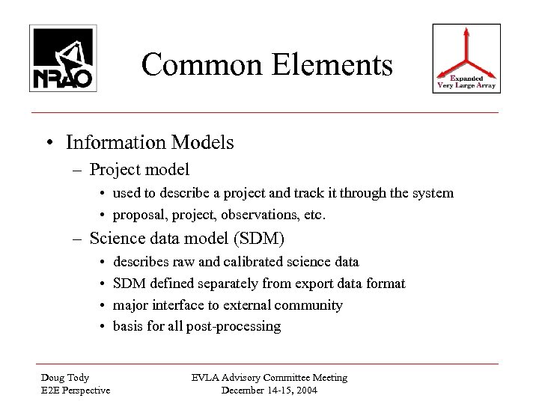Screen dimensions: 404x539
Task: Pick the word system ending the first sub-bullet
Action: tap(433, 193)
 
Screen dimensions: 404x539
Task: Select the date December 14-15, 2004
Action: tap(269, 391)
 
